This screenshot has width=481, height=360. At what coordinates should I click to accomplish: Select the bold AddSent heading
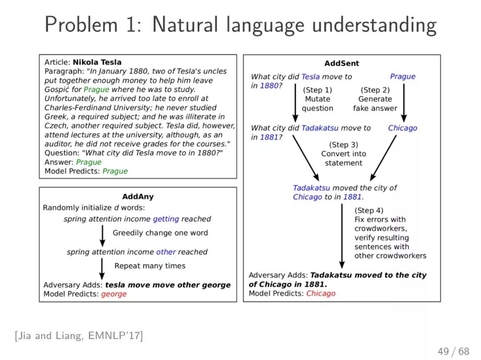(x=342, y=64)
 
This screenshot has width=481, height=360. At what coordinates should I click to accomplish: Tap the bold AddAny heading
(x=138, y=196)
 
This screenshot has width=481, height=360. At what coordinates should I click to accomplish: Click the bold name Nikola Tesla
(x=97, y=62)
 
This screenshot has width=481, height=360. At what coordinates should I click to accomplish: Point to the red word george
(x=114, y=294)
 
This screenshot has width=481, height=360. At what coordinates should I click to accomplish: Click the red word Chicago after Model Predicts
(x=321, y=293)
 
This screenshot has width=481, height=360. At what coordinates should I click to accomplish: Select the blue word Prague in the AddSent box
(x=403, y=77)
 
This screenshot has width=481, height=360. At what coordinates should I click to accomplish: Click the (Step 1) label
(x=317, y=90)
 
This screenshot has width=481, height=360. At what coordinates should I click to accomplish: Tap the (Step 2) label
(x=375, y=90)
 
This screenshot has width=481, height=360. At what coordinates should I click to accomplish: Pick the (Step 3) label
(x=343, y=145)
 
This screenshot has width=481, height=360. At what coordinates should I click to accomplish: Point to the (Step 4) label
(x=369, y=210)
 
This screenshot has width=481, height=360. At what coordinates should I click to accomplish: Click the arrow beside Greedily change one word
(x=102, y=235)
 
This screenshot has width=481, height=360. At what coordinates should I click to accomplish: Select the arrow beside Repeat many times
(x=102, y=268)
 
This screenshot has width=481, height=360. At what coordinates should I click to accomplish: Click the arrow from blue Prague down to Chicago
(x=404, y=102)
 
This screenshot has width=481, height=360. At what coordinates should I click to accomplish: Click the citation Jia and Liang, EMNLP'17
(x=79, y=336)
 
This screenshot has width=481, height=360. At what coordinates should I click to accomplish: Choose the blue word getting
(x=166, y=219)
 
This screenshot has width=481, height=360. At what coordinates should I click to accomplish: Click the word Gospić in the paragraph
(x=57, y=89)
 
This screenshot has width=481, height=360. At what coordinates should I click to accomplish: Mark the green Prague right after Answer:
(x=89, y=162)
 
